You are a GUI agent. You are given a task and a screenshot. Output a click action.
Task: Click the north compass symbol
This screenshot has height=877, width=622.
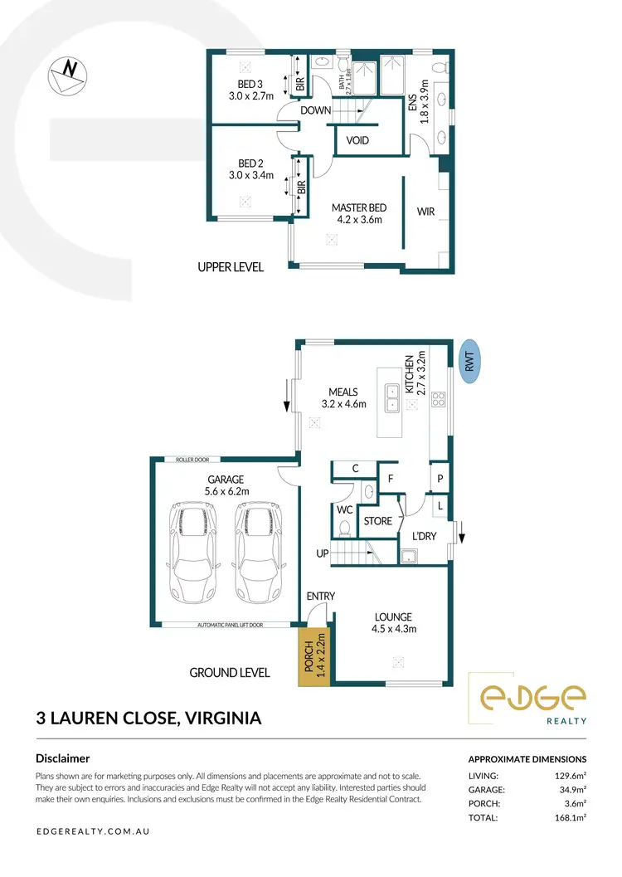point(68,75)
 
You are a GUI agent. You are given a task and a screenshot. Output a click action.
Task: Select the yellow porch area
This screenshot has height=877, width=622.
point(313,656)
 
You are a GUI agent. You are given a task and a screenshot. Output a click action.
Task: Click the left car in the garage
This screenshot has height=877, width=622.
point(195,553)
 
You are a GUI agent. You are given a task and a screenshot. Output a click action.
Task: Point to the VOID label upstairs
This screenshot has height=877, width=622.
point(357,141)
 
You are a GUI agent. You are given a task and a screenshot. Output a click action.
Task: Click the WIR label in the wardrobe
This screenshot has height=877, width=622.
point(426,212)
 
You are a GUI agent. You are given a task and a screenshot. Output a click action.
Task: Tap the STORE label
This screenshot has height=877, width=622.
point(377,521)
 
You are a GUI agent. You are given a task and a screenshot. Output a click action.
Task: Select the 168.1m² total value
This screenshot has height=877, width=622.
point(571,817)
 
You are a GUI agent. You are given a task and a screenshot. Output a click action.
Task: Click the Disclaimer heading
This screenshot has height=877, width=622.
point(63,758)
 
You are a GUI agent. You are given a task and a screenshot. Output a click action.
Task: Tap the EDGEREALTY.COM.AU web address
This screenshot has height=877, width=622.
point(93,831)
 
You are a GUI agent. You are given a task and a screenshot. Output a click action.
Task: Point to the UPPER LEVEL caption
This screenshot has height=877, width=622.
point(231,267)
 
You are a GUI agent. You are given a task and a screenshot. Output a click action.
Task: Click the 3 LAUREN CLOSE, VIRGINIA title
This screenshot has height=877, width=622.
point(148,718)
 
